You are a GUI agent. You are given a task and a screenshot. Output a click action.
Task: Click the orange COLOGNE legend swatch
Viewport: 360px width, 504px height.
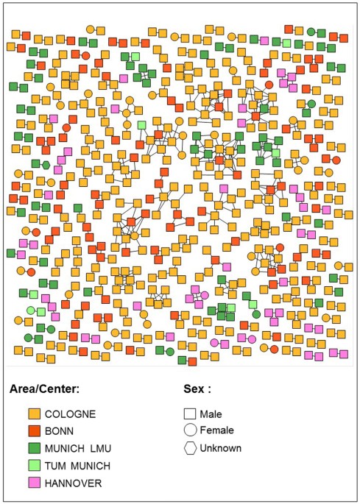pyautogui.click(x=33, y=414)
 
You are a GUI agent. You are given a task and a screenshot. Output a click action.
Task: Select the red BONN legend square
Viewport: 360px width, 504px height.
pyautogui.click(x=33, y=431)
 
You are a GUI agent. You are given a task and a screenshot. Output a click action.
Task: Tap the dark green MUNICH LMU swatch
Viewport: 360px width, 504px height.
pyautogui.click(x=33, y=448)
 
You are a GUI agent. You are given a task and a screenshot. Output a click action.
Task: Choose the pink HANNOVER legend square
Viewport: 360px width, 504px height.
pyautogui.click(x=33, y=483)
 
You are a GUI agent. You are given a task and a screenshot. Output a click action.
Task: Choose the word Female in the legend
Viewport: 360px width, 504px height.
pyautogui.click(x=216, y=430)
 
